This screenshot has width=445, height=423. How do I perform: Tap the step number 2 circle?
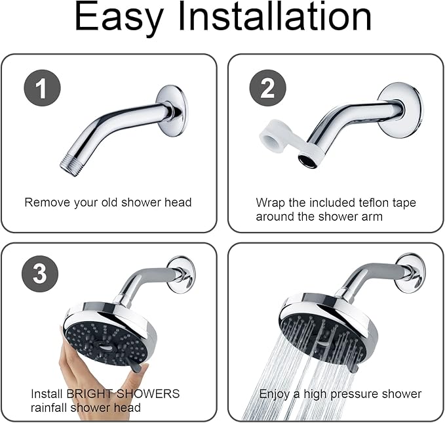click(267, 88)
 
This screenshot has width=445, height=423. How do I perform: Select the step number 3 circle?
click(40, 273)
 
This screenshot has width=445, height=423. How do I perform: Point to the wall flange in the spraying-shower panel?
click(410, 272)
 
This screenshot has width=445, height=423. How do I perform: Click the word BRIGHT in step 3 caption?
click(88, 394)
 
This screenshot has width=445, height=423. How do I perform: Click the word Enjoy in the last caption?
click(275, 394)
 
